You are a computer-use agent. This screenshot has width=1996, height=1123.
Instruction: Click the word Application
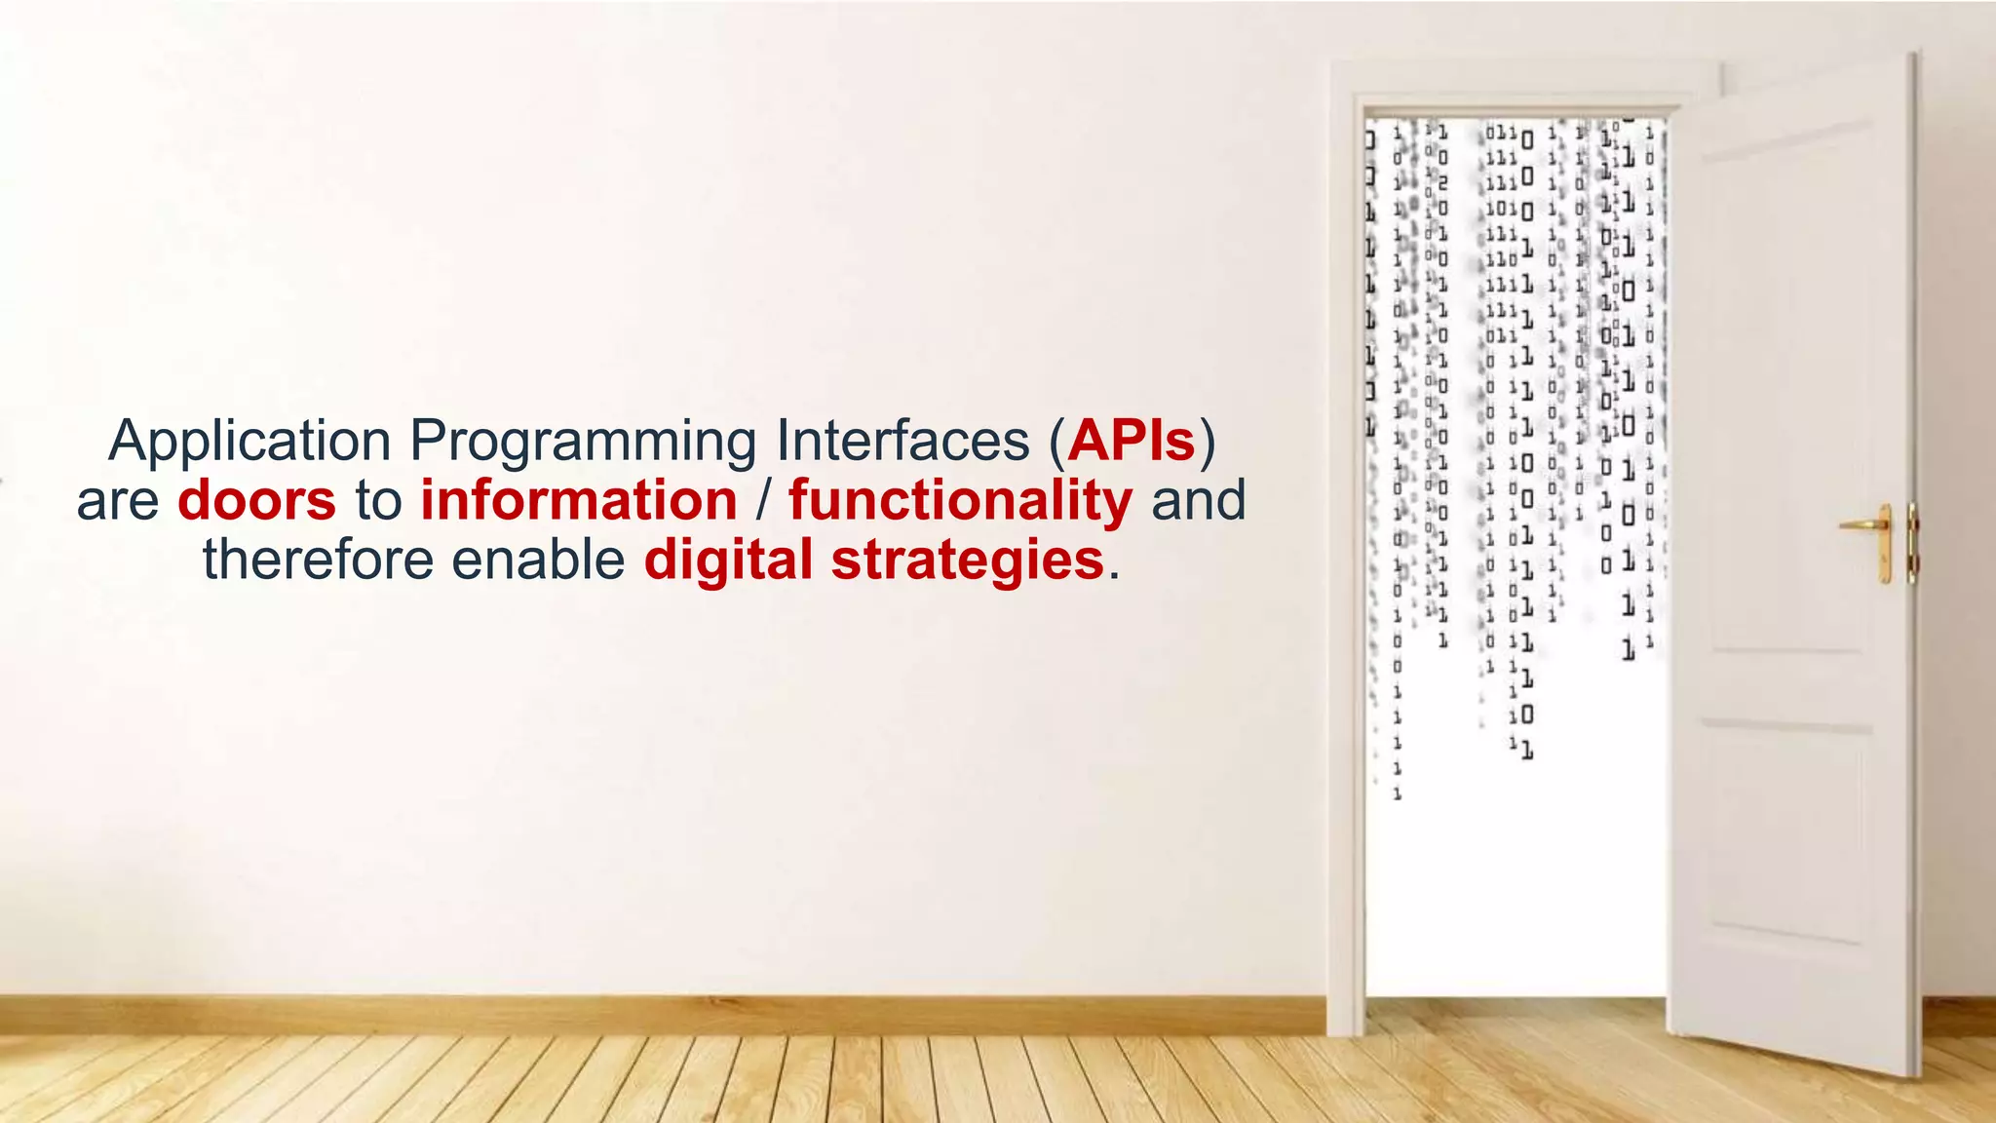pos(249,442)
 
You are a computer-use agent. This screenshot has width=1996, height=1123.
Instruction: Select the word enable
pos(537,560)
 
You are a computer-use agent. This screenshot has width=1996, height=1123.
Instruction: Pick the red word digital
pos(727,560)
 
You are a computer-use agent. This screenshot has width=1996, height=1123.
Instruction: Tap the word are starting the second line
pos(117,503)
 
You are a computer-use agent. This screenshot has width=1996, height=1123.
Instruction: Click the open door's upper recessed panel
pos(1788,390)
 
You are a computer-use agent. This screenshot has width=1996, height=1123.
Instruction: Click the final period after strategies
pos(1114,577)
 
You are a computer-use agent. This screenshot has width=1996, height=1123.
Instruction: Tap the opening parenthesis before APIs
pos(1056,442)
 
